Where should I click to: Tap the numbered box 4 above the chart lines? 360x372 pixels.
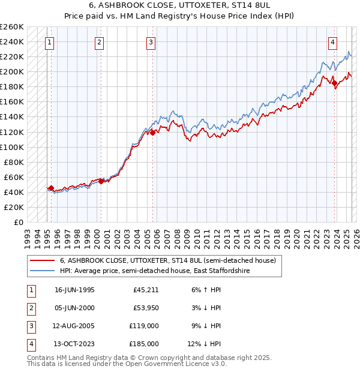pyautogui.click(x=332, y=42)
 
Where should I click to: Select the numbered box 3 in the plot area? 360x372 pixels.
pyautogui.click(x=150, y=42)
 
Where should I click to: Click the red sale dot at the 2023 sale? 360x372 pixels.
pyautogui.click(x=335, y=83)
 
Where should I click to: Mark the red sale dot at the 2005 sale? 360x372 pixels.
pyautogui.click(x=153, y=132)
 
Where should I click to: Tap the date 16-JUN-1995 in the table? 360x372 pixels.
pyautogui.click(x=74, y=290)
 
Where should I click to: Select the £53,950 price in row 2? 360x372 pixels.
pyautogui.click(x=146, y=308)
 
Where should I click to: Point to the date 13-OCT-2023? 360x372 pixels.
pyautogui.click(x=74, y=344)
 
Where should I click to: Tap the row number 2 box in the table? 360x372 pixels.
pyautogui.click(x=31, y=308)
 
